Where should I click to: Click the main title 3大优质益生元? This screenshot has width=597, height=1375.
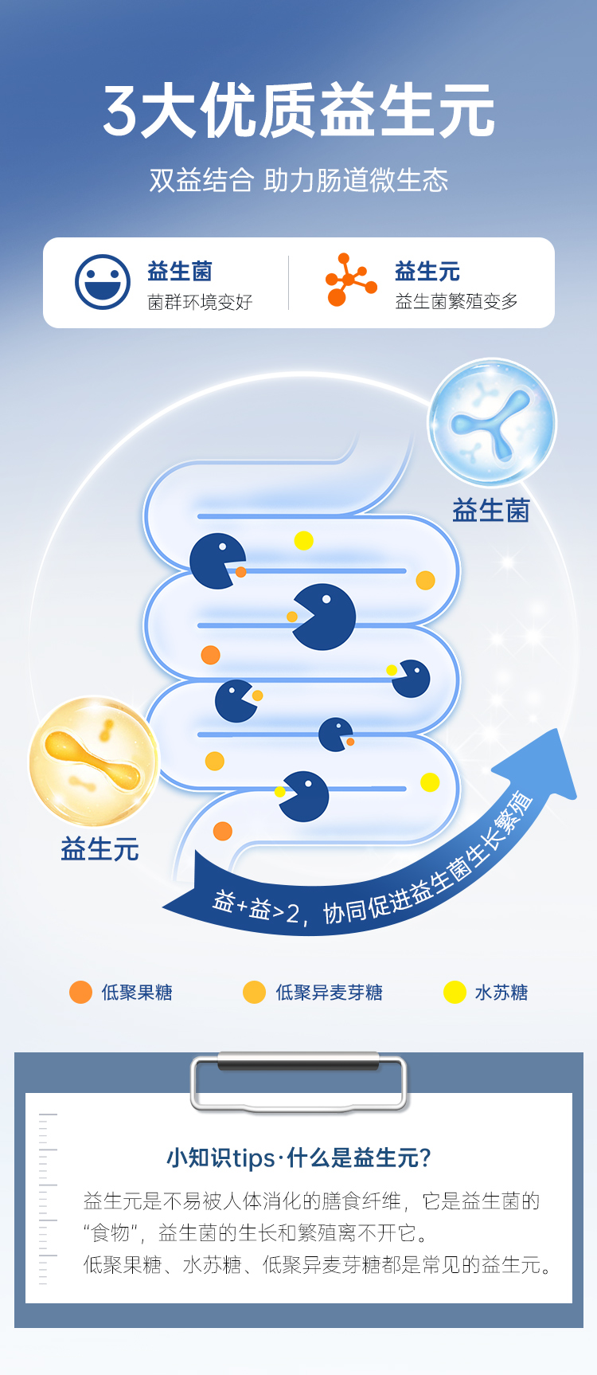[298, 112]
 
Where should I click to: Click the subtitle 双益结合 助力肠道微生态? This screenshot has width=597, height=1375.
[298, 180]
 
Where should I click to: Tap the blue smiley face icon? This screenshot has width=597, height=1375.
[103, 282]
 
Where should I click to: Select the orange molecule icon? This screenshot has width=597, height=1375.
[349, 280]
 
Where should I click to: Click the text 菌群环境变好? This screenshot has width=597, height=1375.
[200, 302]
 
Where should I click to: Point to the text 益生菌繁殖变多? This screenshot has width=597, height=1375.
[456, 301]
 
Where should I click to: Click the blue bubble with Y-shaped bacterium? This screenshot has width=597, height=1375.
[492, 422]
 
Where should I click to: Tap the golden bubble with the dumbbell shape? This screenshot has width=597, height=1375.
[94, 762]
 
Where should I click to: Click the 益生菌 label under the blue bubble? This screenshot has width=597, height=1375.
[490, 511]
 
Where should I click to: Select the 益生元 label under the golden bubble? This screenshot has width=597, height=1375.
[99, 849]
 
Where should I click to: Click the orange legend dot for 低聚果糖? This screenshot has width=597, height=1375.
[80, 992]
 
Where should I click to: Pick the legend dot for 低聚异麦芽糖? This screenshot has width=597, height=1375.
[254, 992]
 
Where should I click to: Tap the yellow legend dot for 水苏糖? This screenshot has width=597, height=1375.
[455, 992]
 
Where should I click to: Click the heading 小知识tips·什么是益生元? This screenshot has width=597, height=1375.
[298, 1158]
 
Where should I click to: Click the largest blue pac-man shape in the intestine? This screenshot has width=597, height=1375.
[324, 616]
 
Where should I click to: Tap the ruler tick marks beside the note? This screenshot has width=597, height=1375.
[47, 1199]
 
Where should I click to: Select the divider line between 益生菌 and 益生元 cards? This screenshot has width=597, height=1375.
[288, 282]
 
